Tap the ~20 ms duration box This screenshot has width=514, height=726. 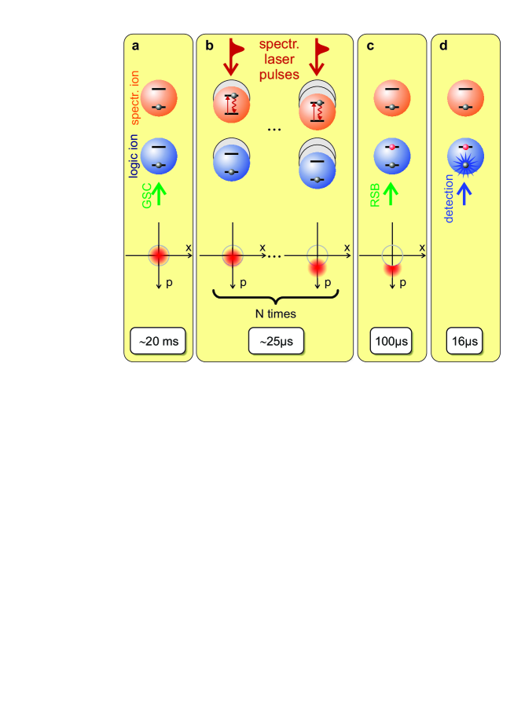159,343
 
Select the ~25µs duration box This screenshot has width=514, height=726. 275,343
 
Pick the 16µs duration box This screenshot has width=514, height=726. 465,343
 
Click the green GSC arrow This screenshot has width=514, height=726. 159,192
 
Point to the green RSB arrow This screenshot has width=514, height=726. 391,193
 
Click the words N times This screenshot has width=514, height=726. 275,313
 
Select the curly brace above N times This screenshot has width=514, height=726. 275,295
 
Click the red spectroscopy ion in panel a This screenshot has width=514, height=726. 159,99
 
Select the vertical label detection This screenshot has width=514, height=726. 450,196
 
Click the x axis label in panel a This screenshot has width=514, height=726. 189,247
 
